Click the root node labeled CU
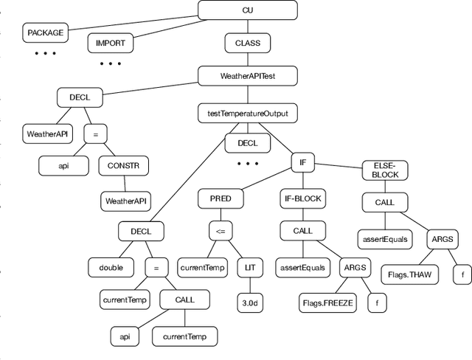click(247, 10)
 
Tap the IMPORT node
click(111, 43)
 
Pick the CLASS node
click(247, 43)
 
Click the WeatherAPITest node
click(247, 76)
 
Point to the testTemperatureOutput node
click(247, 114)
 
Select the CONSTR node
click(123, 166)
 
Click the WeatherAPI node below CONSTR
click(125, 200)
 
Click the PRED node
click(220, 198)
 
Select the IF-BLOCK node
click(303, 198)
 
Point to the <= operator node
click(220, 231)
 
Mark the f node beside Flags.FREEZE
click(377, 302)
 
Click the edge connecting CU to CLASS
click(247, 27)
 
